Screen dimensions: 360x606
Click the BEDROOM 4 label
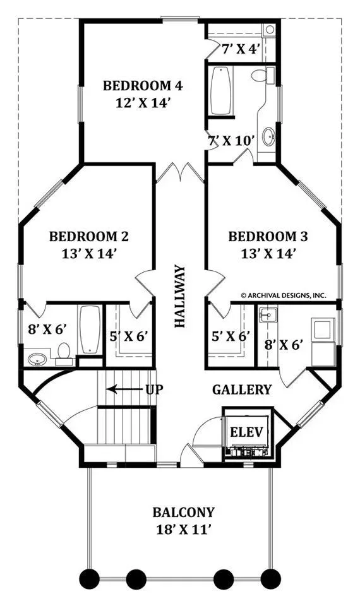click(143, 85)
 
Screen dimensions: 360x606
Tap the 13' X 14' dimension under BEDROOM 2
click(89, 254)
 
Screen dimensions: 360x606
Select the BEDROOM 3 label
click(268, 236)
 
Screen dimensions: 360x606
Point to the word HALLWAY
click(180, 296)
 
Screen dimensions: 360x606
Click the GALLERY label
click(242, 389)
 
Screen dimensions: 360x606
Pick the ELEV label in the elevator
click(247, 432)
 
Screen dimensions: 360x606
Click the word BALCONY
click(183, 512)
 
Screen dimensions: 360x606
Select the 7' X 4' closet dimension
click(240, 49)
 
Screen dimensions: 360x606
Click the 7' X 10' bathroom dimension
click(232, 141)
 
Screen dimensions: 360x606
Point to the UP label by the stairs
click(154, 389)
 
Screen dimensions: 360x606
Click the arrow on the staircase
click(124, 389)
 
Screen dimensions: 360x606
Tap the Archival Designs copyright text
click(284, 295)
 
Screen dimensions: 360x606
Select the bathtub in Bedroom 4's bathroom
click(221, 91)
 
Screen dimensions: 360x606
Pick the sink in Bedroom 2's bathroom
click(37, 359)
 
